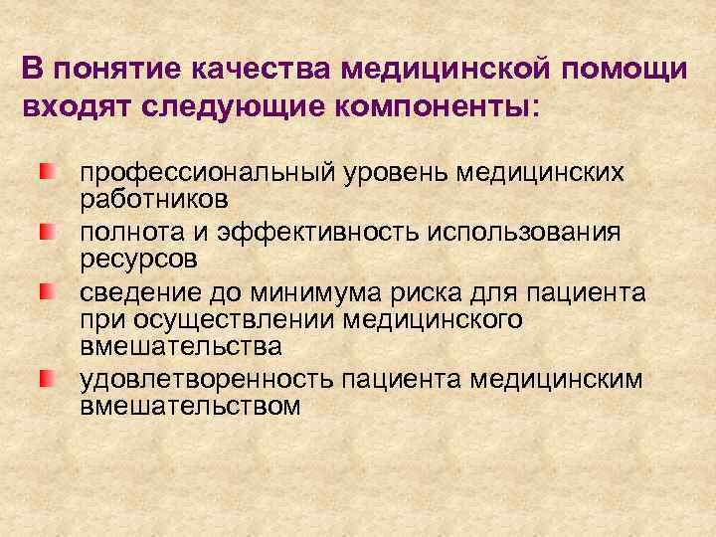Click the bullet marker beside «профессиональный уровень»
click(46, 173)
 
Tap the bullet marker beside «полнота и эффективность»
click(46, 232)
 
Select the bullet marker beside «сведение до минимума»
click(46, 291)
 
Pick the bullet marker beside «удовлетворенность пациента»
click(46, 380)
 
